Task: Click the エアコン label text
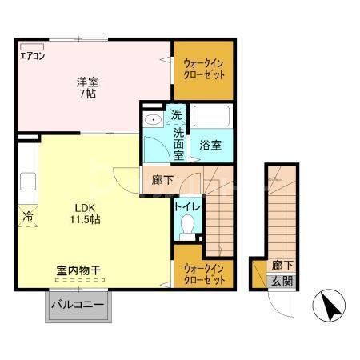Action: point(33,57)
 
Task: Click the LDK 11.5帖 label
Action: point(83,211)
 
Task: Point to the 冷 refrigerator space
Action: point(27,215)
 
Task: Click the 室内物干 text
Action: point(83,270)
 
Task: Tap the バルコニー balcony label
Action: point(78,305)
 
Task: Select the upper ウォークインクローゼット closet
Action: point(205,69)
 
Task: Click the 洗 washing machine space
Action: point(176,115)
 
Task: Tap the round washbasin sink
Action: point(153,120)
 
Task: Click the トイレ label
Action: point(188,206)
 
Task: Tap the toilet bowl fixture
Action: point(188,230)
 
